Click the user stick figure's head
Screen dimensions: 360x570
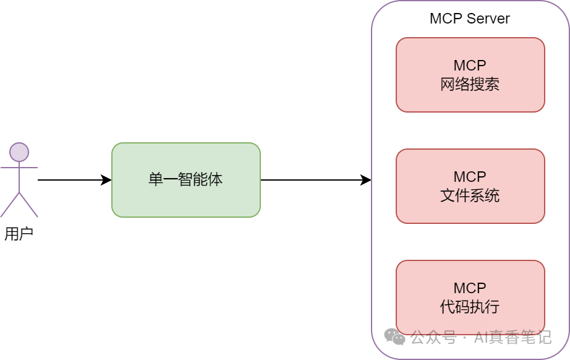click(x=19, y=152)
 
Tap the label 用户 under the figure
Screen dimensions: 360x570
click(x=19, y=234)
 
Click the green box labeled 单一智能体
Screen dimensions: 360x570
click(x=185, y=180)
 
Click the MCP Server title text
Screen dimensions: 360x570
click(x=469, y=19)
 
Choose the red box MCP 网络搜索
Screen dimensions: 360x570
click(x=470, y=75)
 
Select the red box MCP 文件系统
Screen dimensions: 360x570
click(x=470, y=186)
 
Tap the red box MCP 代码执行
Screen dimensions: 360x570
click(x=470, y=298)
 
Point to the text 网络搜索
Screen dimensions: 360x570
click(x=470, y=85)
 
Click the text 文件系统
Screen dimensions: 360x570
click(x=470, y=196)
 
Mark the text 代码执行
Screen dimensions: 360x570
click(x=470, y=307)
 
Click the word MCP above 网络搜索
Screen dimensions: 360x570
click(x=470, y=66)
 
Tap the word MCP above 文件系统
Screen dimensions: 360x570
click(x=470, y=177)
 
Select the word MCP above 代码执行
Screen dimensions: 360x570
click(x=470, y=288)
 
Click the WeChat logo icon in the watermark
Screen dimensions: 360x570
click(x=394, y=337)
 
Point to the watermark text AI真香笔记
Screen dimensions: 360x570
click(x=513, y=338)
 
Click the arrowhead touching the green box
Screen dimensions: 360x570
click(x=107, y=180)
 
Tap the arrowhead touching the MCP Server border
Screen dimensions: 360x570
click(x=366, y=180)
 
